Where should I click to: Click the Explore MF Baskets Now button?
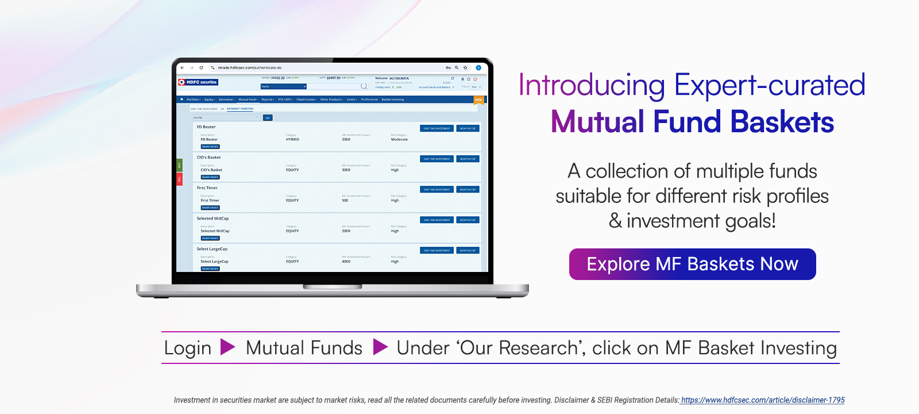pos(692,264)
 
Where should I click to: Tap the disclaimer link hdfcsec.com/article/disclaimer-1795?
pos(762,400)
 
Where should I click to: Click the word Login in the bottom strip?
pos(187,348)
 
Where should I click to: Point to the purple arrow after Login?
pos(227,347)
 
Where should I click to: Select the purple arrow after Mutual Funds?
pos(380,347)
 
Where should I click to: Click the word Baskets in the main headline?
pos(782,122)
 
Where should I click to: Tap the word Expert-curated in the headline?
pos(769,85)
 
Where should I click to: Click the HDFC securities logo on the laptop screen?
pos(198,82)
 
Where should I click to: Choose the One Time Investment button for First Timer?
pos(437,189)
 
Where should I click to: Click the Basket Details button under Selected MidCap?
pos(210,238)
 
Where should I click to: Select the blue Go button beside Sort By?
pos(267,118)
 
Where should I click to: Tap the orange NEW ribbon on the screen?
pos(478,100)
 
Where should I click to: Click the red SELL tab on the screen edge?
pos(179,179)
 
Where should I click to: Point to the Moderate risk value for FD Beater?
pos(399,140)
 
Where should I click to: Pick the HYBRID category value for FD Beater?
pos(292,140)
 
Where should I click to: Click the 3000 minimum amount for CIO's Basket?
pos(346,170)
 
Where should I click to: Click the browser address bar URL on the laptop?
pos(249,68)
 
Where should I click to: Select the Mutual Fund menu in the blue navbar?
pos(248,99)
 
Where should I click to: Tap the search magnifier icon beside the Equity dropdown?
pos(364,87)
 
